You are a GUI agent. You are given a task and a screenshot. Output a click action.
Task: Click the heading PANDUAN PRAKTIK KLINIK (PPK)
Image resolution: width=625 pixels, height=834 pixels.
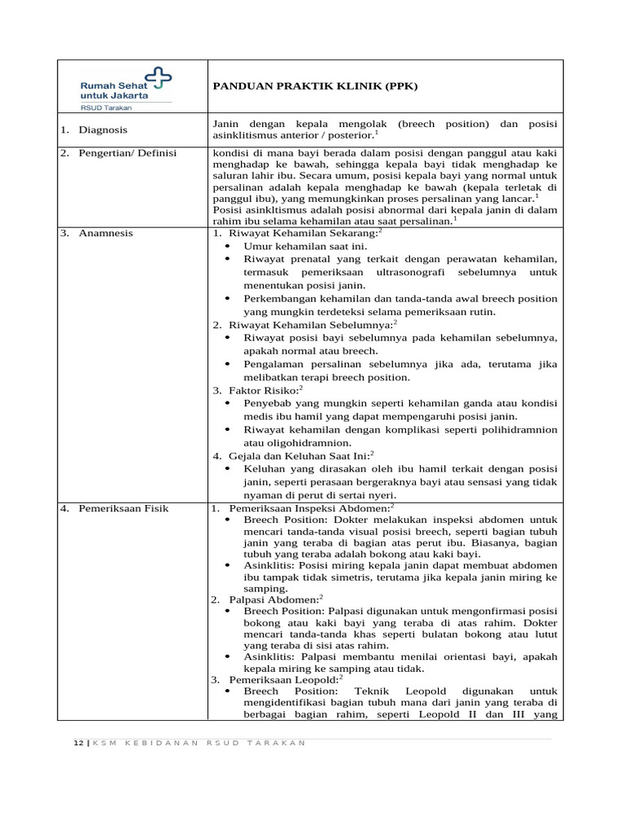pos(314,85)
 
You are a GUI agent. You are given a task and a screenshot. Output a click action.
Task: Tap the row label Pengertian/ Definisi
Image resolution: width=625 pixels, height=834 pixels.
pos(127,153)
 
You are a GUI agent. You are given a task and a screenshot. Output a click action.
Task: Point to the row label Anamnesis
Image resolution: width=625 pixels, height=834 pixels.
pos(106,233)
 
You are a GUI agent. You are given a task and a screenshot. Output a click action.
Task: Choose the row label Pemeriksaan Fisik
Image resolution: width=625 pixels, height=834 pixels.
pos(123,508)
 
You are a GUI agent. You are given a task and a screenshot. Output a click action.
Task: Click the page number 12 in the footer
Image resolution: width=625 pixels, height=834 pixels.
pos(76,742)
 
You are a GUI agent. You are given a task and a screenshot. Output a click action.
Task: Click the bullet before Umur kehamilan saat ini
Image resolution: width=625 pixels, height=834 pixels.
pos(227,246)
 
